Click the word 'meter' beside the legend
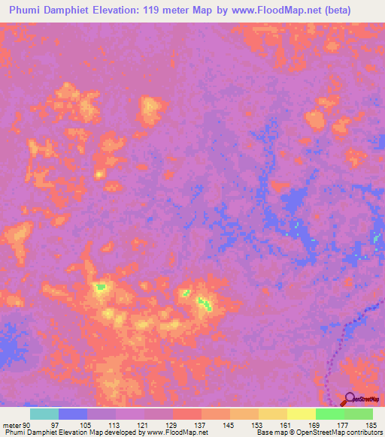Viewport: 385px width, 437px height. coord(11,424)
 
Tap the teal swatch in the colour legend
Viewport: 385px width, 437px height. coord(44,414)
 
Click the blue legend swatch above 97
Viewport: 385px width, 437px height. coord(73,414)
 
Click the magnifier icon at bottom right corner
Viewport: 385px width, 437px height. coord(350,399)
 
